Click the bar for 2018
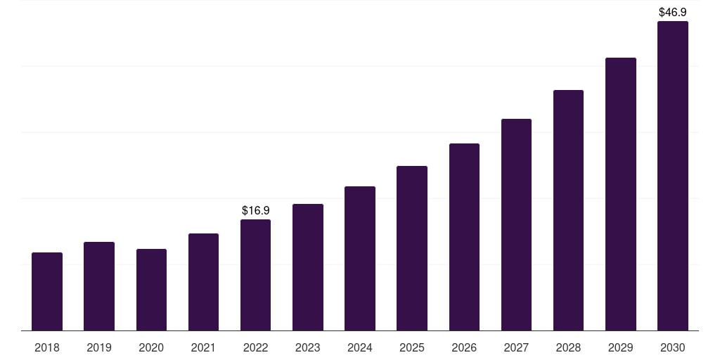coord(47,291)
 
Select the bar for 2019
coord(99,286)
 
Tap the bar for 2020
coord(151,290)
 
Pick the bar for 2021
coord(203,282)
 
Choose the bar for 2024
coord(360,258)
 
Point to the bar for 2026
coord(464,237)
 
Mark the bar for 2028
coord(568,210)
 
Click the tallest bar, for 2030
coord(672,176)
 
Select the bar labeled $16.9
coord(255,275)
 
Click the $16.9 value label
coord(255,210)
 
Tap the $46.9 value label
coord(672,12)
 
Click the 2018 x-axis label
coord(47,347)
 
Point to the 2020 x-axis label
coord(151,347)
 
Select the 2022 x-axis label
coord(255,347)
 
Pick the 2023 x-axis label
coord(308,347)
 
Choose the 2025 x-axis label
coord(412,347)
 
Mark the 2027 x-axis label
coord(516,347)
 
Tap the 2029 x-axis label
coord(620,347)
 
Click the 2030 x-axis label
coord(672,347)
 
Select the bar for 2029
coord(620,194)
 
